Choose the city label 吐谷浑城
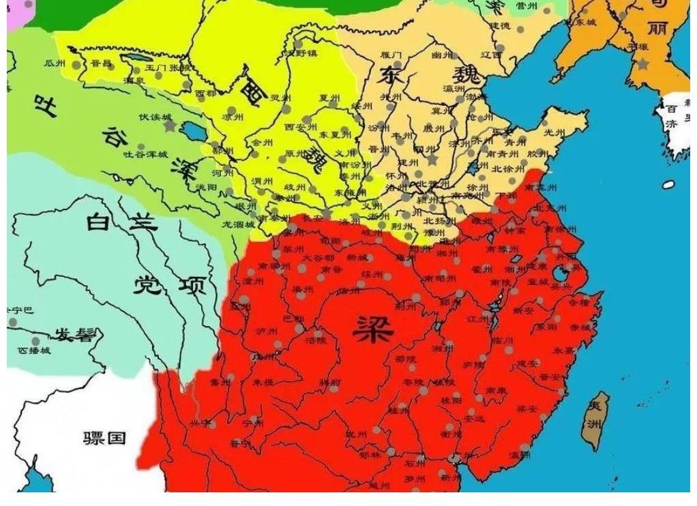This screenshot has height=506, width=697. [145, 155]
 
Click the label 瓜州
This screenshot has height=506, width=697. [54, 63]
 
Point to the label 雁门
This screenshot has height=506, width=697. [391, 55]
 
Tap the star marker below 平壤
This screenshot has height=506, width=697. [642, 64]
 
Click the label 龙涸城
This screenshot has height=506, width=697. [238, 224]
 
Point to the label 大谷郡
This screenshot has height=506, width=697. [318, 258]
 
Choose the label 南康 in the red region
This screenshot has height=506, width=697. [496, 391]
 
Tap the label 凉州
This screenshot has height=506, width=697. [233, 117]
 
